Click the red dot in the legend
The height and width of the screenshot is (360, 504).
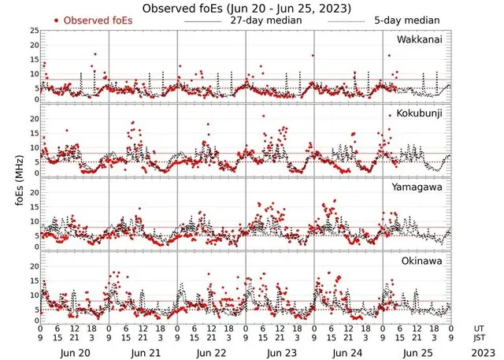point(57,20)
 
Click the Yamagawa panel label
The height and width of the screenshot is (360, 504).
point(419,187)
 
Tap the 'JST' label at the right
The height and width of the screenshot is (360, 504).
point(479,337)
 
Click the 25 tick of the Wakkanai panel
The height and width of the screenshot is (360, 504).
point(34,31)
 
